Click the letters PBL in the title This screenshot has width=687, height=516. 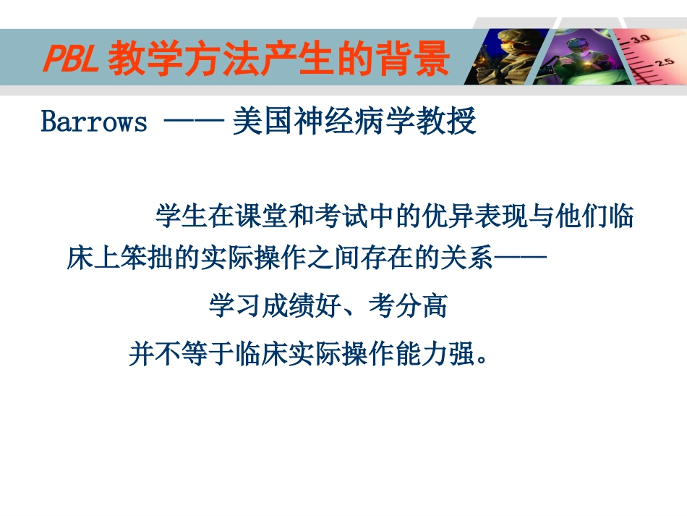click(70, 60)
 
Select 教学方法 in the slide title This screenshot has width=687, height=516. click(176, 60)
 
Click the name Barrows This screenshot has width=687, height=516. click(94, 122)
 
